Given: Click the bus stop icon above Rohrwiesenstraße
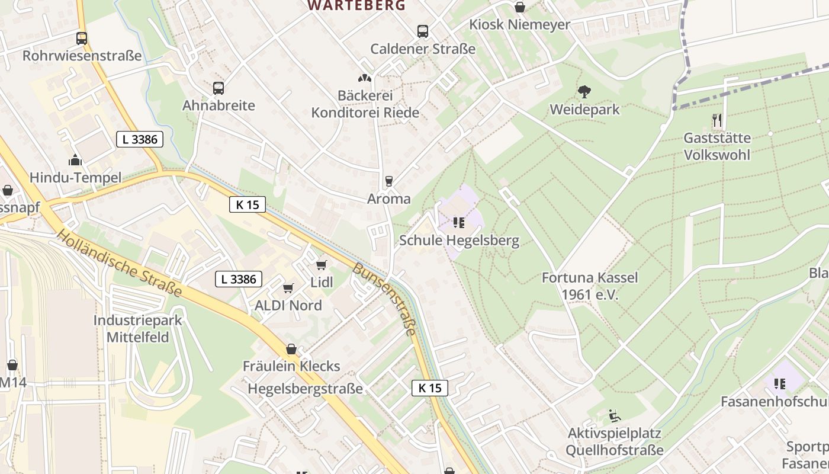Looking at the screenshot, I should (82, 39).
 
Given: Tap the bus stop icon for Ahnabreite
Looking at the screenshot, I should (219, 88).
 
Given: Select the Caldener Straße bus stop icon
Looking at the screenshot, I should (423, 31).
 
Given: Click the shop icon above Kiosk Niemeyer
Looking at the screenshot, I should (519, 7).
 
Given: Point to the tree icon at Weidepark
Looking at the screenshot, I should (584, 92).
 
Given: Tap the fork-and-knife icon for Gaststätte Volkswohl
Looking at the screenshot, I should (717, 120).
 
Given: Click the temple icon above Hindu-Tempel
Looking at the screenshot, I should (75, 160).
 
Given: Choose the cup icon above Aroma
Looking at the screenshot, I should (389, 181).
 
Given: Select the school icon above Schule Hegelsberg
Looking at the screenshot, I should (459, 223).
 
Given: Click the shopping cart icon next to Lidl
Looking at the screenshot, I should (322, 265).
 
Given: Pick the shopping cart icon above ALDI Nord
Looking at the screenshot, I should (288, 288).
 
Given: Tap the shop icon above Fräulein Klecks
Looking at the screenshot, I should (291, 349).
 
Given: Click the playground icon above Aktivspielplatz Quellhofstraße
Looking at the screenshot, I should (615, 416).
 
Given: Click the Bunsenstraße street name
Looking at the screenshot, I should (384, 299).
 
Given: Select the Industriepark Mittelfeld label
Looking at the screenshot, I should (139, 329).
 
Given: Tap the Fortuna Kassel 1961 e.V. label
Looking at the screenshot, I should (590, 286).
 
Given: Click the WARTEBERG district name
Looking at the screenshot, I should (356, 5).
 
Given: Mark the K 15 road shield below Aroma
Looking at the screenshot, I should (248, 204).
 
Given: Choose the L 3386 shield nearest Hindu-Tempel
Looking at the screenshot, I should (139, 139).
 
